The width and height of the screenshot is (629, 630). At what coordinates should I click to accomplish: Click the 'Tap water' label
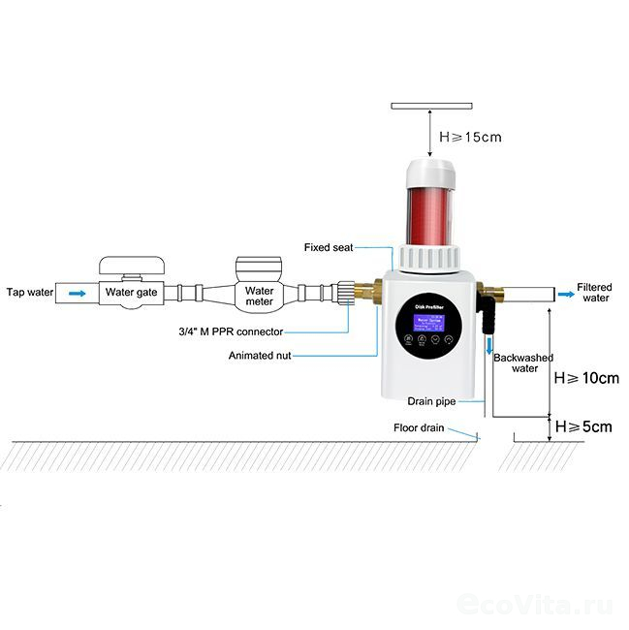[27, 292]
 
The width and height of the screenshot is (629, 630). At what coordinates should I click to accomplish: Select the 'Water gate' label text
[131, 291]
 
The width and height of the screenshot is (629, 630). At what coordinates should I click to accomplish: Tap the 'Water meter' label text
[259, 296]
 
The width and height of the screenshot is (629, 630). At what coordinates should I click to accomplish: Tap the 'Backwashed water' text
[523, 362]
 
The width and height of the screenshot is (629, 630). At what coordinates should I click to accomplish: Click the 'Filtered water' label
[594, 292]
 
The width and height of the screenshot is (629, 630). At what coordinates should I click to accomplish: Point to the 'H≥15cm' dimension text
[471, 138]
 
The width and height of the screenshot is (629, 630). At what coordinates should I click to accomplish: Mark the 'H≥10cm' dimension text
[585, 378]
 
